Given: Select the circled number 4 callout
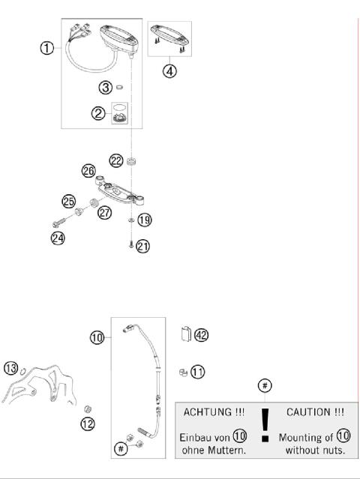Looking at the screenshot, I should tap(169, 74).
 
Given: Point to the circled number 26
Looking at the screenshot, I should tap(88, 172).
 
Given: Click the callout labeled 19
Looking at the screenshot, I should tap(144, 220).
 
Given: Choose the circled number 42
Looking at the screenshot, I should tap(200, 335).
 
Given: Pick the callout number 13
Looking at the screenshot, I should tap(10, 367).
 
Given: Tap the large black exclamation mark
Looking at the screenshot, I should tap(263, 426).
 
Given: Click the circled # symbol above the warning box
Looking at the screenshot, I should tap(264, 385).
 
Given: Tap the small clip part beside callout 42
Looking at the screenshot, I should tap(185, 333).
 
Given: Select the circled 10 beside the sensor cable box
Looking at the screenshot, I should tap(97, 337).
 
